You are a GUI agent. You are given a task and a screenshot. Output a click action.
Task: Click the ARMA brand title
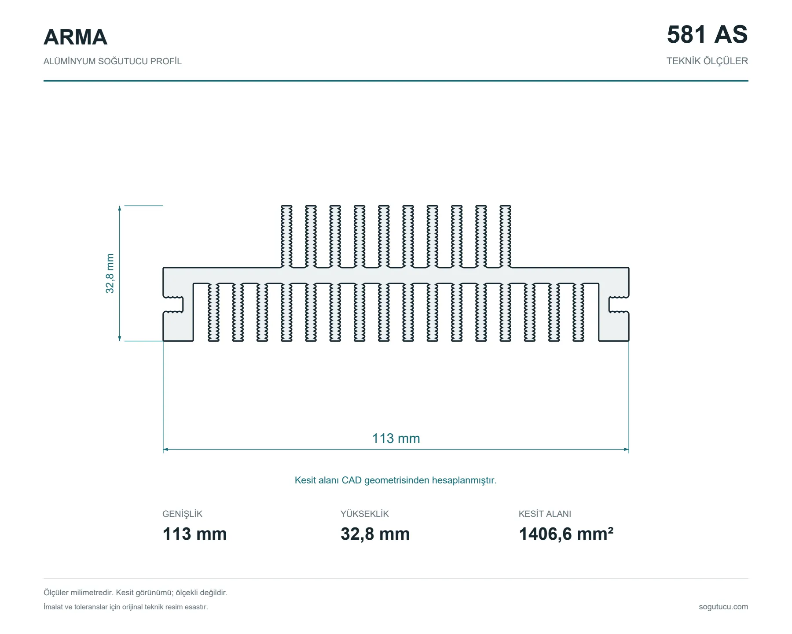point(75,37)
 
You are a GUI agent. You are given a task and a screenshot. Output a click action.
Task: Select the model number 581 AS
point(707,34)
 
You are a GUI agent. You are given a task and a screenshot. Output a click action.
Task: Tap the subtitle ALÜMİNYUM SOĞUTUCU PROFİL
point(112,61)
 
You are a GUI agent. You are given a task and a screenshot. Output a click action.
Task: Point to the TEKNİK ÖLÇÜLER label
point(707,61)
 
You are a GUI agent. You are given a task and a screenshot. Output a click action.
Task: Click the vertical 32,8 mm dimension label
point(110,273)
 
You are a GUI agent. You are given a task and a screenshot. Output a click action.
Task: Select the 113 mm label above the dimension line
point(396,439)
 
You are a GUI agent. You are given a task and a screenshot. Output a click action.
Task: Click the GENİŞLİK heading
point(182,514)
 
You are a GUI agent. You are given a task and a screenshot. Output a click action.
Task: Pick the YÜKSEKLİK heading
point(365,514)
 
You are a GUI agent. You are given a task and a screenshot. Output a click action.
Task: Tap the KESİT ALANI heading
point(545,514)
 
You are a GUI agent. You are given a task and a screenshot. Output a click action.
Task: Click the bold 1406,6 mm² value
point(566,534)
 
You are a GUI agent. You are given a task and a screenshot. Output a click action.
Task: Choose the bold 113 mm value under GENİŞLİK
point(194,534)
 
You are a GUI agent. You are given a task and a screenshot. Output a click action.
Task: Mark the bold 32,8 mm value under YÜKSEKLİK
point(375,534)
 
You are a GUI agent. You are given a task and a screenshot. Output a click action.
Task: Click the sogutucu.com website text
point(723,607)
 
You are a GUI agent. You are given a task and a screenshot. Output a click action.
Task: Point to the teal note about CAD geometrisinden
point(396,480)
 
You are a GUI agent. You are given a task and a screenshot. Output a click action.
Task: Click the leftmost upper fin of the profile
point(286,236)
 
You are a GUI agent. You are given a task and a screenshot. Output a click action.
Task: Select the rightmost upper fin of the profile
point(506,236)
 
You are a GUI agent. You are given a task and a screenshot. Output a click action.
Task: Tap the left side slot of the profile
point(173,305)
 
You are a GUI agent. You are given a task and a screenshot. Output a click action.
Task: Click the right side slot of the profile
point(619,305)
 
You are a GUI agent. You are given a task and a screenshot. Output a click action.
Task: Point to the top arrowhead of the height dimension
point(120,208)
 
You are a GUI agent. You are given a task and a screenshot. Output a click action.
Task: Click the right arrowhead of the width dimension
point(627,450)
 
